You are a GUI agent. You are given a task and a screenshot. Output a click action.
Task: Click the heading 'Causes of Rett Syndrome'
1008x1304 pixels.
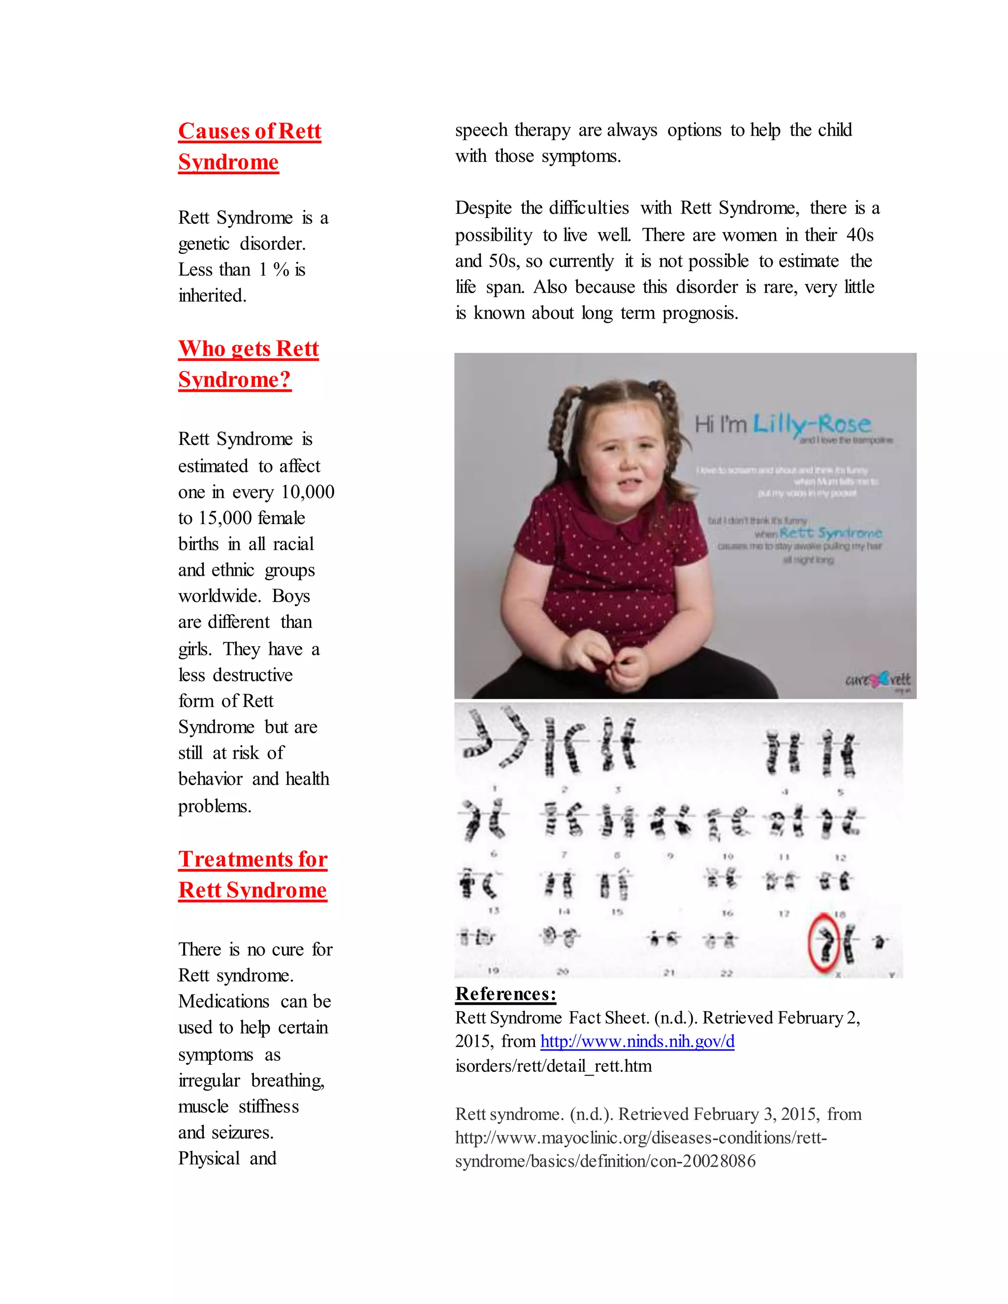tap(250, 146)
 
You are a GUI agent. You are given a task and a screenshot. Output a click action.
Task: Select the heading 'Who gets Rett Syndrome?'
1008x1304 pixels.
tap(249, 364)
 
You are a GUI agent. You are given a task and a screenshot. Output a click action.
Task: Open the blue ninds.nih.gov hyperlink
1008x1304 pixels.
tap(637, 1041)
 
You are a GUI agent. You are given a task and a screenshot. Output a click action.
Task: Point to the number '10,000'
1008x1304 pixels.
tap(308, 492)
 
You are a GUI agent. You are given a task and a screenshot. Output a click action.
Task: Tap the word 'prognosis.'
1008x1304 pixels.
tap(700, 313)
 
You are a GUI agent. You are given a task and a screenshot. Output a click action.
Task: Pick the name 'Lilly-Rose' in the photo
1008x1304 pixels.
tap(812, 424)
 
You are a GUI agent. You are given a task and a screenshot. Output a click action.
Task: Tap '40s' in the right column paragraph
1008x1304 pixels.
tap(860, 235)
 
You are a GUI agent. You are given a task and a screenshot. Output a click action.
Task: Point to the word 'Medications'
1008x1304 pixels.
tap(224, 1001)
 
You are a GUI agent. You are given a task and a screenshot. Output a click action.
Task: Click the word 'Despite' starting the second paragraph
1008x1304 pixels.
tap(483, 208)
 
